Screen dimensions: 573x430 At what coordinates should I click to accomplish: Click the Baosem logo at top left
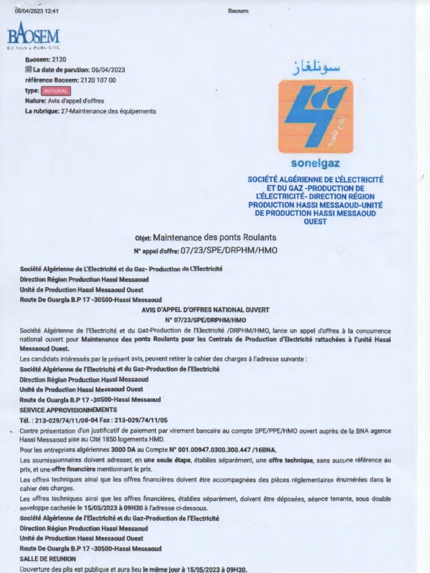33,37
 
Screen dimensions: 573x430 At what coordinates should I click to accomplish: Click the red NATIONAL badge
56,91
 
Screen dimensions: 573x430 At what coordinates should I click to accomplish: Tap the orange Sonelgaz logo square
315,116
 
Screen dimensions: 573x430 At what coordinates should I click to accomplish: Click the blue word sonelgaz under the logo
315,164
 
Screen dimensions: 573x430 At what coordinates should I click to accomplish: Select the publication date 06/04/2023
108,70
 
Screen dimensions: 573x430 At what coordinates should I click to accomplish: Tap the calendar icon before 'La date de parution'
29,70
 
